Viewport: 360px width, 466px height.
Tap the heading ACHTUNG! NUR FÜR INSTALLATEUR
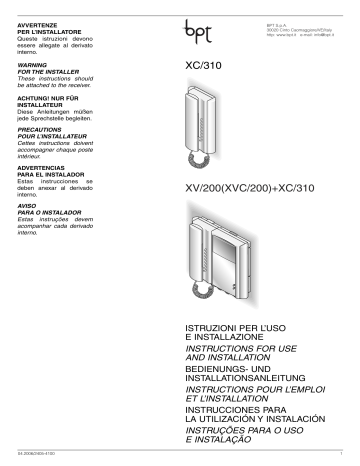[x=42, y=104]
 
